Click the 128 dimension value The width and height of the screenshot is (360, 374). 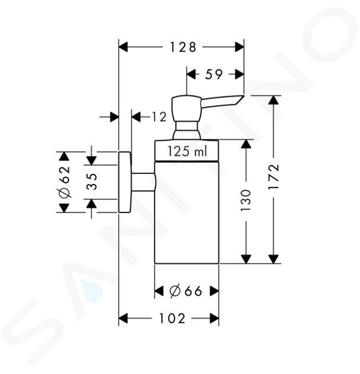click(183, 47)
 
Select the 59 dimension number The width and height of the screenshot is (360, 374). click(214, 74)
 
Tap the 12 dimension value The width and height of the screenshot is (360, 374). click(159, 117)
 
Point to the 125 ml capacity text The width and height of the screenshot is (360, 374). click(187, 151)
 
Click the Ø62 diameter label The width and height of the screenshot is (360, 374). click(65, 182)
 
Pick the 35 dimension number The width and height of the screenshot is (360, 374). click(92, 182)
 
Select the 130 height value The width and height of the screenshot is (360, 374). click(246, 201)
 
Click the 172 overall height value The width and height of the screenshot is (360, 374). click(274, 176)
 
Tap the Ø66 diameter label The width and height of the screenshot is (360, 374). click(186, 291)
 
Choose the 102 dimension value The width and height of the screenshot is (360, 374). click(172, 318)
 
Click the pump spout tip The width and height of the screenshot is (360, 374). click(244, 96)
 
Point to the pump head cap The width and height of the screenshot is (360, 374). click(186, 109)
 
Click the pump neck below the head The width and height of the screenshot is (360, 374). click(187, 130)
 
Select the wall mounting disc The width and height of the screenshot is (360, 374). click(125, 182)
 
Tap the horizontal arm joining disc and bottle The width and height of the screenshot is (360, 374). click(143, 182)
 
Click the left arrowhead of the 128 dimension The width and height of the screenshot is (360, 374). click(124, 47)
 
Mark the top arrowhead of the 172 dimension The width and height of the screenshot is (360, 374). click(274, 100)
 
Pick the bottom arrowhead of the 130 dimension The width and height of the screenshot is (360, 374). click(246, 259)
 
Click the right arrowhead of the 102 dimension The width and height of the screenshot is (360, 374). click(214, 318)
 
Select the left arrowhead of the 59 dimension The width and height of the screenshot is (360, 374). click(191, 74)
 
